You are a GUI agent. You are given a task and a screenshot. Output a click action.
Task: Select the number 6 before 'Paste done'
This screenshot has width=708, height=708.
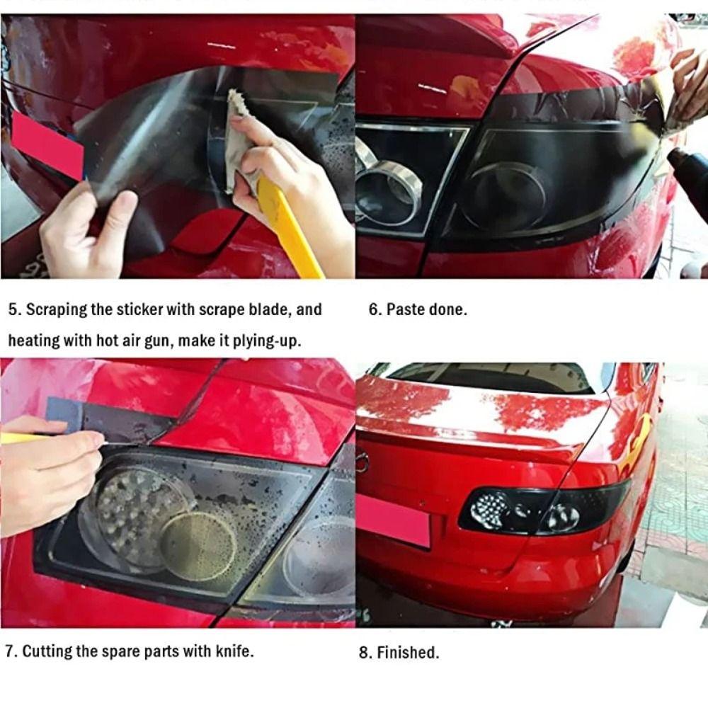coord(373,310)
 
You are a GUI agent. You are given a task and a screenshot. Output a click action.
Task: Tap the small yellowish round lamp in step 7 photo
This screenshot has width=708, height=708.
coord(198,545)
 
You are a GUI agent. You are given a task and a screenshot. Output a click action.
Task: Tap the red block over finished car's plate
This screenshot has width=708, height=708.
coord(393,520)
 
